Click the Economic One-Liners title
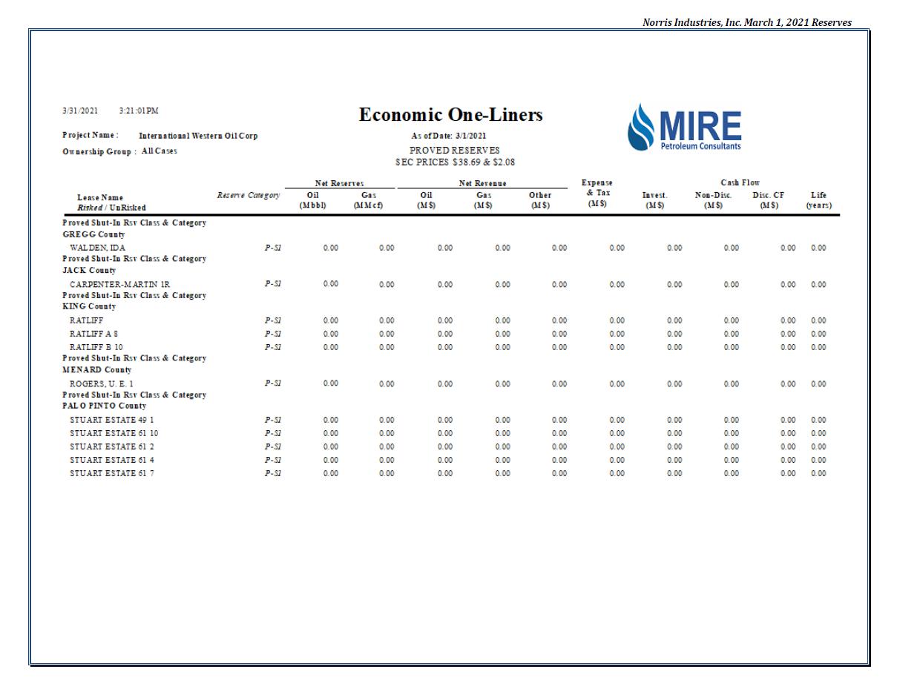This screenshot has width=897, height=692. pyautogui.click(x=450, y=115)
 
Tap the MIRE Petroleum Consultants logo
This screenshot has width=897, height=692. pyautogui.click(x=684, y=128)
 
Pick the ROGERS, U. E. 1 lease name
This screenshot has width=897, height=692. pyautogui.click(x=102, y=383)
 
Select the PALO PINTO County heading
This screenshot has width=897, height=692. pyautogui.click(x=104, y=406)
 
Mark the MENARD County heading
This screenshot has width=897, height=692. pyautogui.click(x=96, y=370)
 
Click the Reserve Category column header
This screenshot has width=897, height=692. pyautogui.click(x=249, y=195)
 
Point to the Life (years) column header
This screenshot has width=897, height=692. pyautogui.click(x=819, y=200)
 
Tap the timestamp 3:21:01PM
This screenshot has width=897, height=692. pyautogui.click(x=139, y=111)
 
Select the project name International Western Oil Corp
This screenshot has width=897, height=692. pyautogui.click(x=198, y=136)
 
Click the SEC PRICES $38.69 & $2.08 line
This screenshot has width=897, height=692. pyautogui.click(x=455, y=162)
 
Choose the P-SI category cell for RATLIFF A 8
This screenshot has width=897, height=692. pyautogui.click(x=272, y=334)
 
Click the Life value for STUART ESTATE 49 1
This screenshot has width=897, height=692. pyautogui.click(x=818, y=420)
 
